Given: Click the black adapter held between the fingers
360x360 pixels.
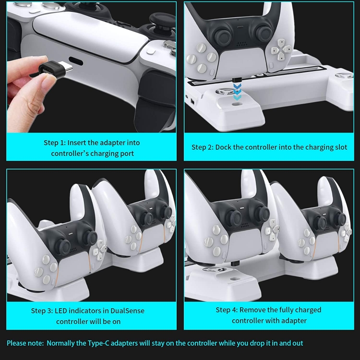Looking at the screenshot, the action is click(56, 69).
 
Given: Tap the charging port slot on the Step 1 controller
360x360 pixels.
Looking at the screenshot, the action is click(76, 61).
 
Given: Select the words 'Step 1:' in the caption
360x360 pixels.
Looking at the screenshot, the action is click(55, 143).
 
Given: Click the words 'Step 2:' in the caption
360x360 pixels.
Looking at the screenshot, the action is click(203, 147).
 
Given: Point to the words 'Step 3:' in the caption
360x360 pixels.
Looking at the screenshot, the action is click(42, 311).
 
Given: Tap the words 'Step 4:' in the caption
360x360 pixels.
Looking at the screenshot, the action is click(227, 310).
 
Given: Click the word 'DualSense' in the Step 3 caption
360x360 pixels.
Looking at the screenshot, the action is click(127, 311).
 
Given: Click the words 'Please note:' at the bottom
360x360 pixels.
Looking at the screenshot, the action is click(25, 343).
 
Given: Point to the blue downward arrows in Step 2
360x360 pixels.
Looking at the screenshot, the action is click(237, 92).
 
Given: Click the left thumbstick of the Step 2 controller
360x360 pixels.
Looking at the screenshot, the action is click(223, 36).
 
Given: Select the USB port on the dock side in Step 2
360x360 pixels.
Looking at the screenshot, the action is click(192, 101).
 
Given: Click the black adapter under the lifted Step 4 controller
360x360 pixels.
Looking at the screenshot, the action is click(235, 263).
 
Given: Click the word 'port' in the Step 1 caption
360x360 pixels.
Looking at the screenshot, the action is click(127, 154).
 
